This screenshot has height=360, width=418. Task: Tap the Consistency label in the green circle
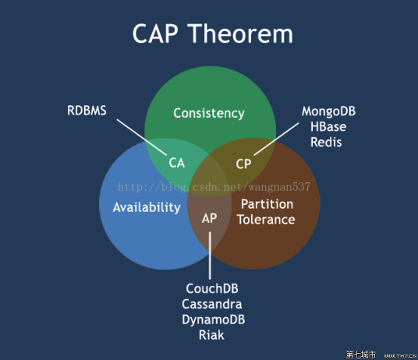pos(209,113)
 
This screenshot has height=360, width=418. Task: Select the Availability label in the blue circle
pos(147,207)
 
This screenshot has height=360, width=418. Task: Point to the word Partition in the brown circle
pos(267,204)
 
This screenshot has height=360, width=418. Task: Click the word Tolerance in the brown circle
pos(267,220)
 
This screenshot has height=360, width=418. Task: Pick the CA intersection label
pos(177,164)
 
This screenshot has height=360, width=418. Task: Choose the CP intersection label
pos(244,164)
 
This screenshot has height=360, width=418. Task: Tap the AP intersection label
pos(210,218)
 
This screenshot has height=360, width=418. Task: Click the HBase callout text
pos(328,126)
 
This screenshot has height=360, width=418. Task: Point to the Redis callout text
pos(326,142)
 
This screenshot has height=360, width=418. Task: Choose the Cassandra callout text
pos(212,304)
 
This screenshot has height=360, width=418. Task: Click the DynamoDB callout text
pos(212,319)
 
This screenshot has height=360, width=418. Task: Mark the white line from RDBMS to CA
pos(143,136)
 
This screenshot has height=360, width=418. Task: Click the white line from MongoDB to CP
pos(274,141)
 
